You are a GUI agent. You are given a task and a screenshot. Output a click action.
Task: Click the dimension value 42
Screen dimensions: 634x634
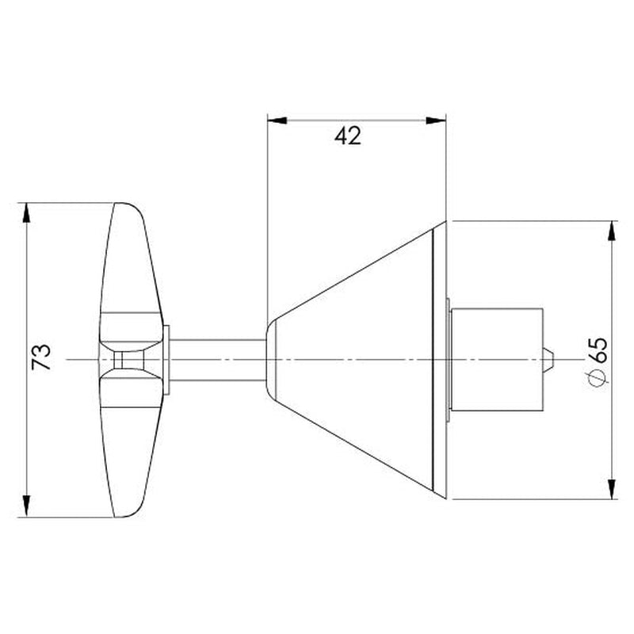point(347,136)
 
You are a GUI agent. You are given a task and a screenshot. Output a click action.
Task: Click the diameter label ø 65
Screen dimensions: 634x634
point(598,361)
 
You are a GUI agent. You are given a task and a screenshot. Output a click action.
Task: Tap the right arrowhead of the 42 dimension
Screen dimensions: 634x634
point(437,120)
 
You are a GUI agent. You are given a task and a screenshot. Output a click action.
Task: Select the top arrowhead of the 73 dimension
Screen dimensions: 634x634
point(28,212)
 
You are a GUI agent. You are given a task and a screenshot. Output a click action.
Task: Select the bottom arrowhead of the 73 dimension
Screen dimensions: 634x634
point(28,507)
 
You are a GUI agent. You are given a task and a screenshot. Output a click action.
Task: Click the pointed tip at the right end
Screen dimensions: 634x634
point(549,360)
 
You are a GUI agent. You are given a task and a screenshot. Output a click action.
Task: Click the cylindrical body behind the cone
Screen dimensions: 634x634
point(498,360)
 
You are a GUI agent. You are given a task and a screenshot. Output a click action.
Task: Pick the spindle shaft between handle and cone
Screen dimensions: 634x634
point(217,360)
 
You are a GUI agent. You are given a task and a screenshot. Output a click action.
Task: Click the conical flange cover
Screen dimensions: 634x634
point(357,360)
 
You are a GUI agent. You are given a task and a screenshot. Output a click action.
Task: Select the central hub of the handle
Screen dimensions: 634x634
point(131,360)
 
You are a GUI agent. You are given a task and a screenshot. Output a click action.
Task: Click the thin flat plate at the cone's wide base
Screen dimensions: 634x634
point(440,360)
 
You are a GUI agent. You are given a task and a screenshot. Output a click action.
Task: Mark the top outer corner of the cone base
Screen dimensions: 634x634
point(447,221)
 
